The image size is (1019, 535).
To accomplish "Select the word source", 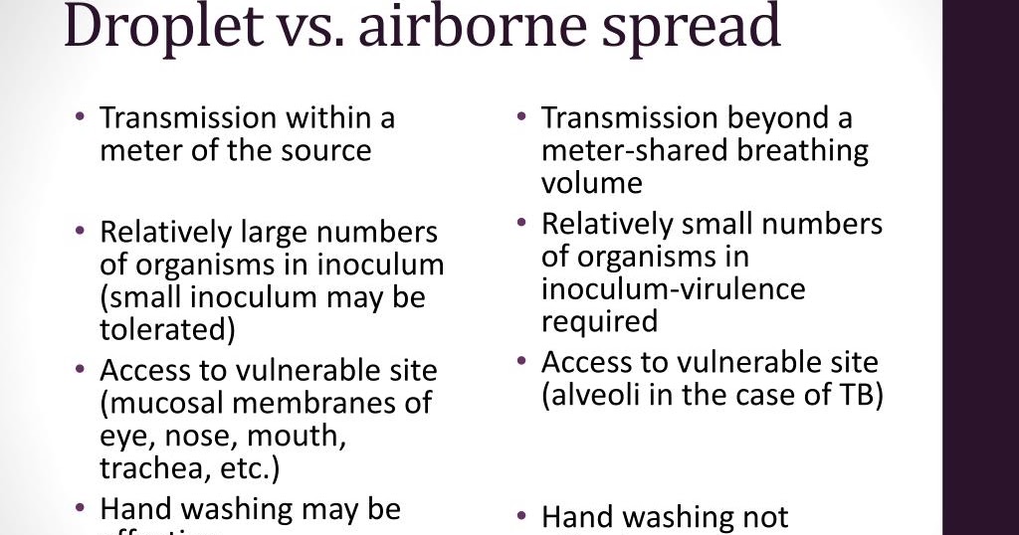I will click(x=324, y=151).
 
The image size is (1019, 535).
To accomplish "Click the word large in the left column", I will click(x=274, y=233).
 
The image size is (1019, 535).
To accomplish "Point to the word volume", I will click(x=591, y=183).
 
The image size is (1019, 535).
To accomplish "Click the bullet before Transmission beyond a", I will click(x=522, y=116).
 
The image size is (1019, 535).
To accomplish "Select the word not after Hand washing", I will click(x=763, y=517).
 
